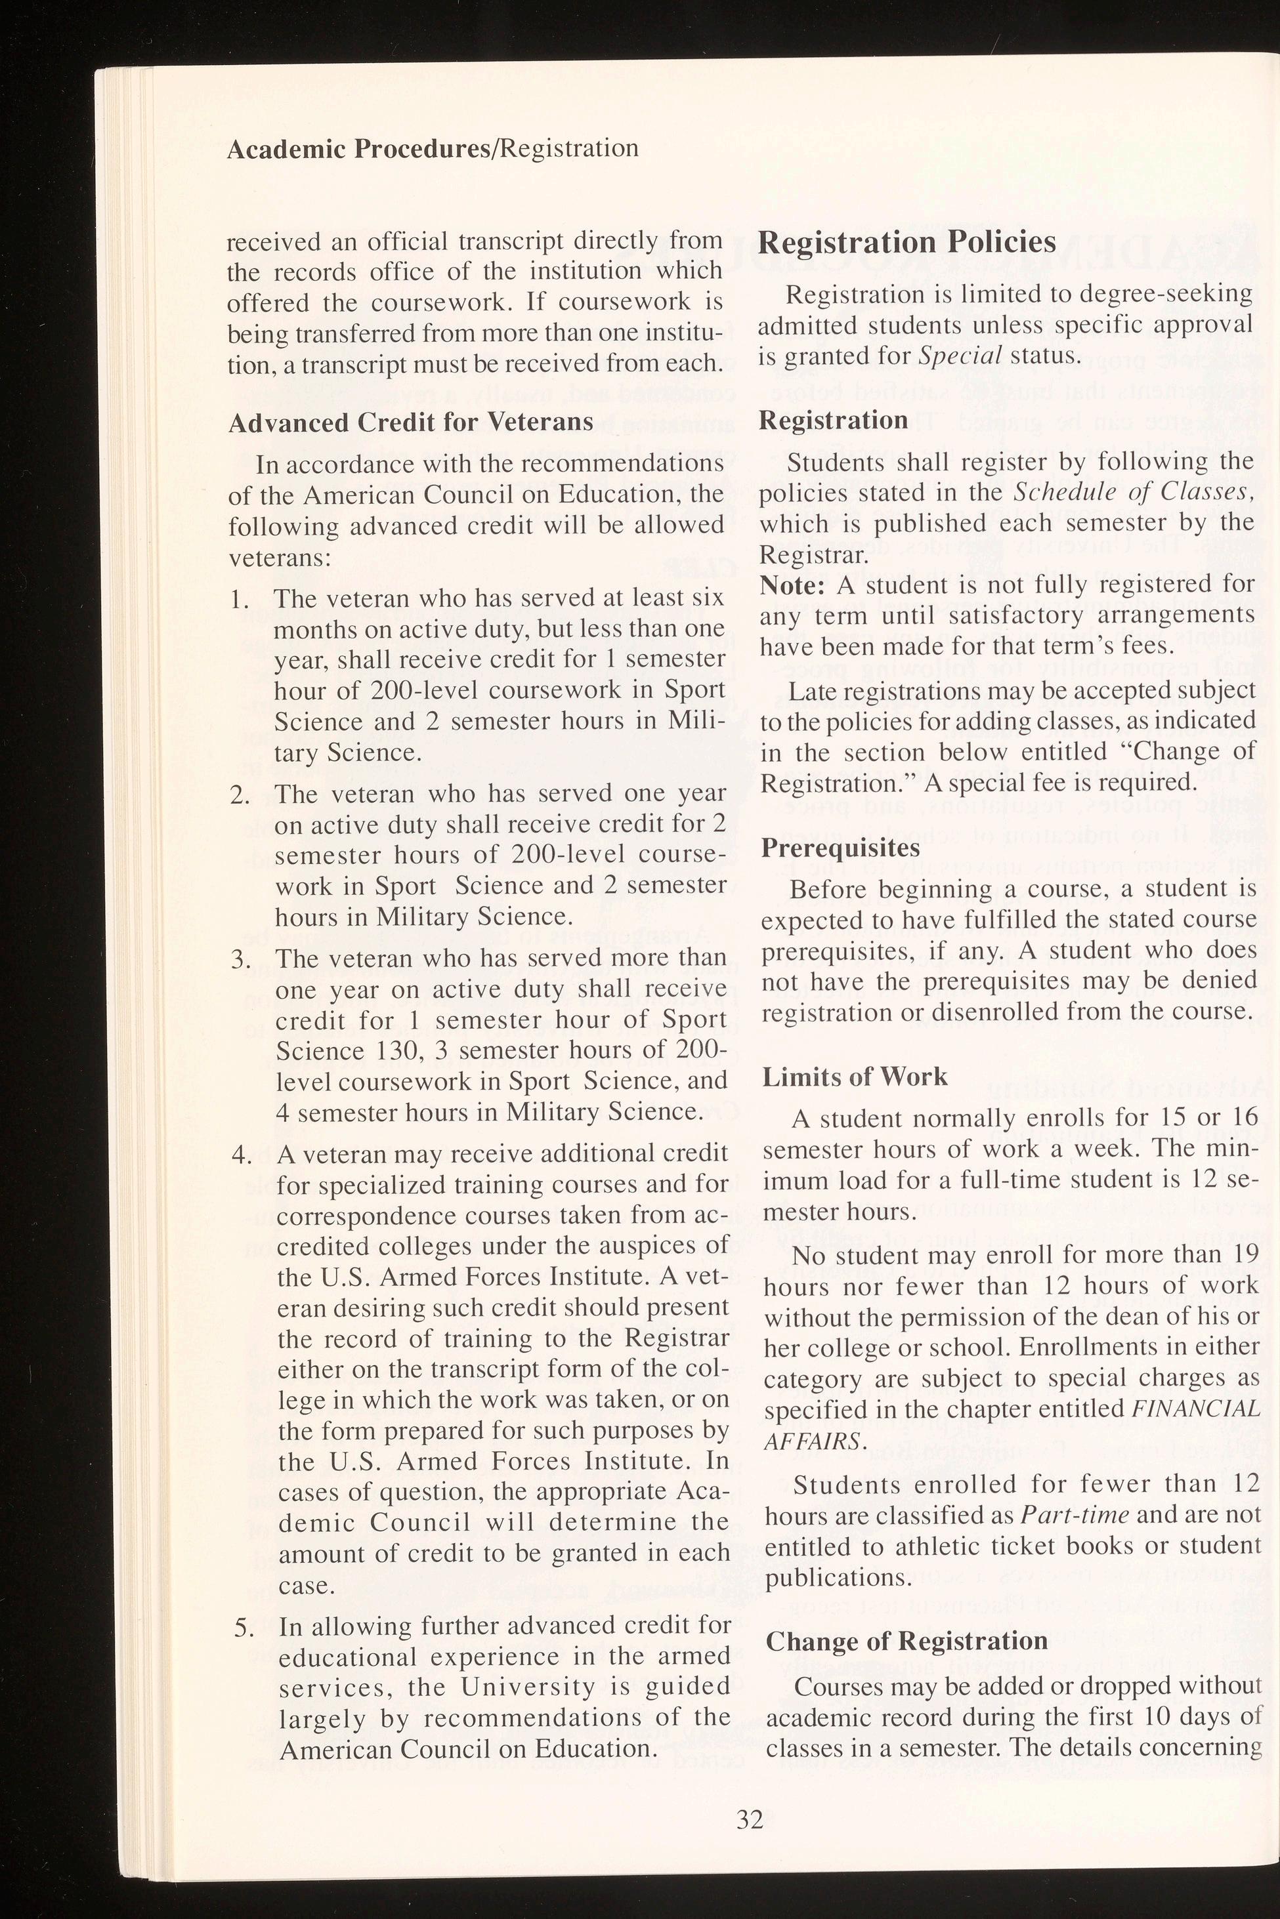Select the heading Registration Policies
[x=907, y=242]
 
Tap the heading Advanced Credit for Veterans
[x=411, y=422]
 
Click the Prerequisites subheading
[x=841, y=848]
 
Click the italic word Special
[x=966, y=356]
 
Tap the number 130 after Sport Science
[x=392, y=1050]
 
